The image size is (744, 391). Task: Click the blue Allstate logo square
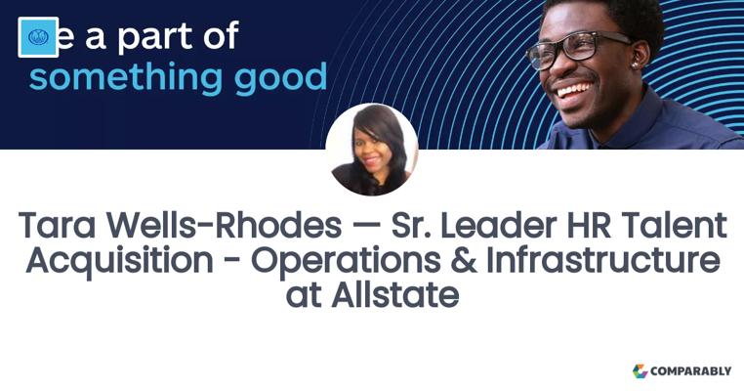[x=38, y=37]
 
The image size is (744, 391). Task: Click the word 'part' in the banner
[x=156, y=36]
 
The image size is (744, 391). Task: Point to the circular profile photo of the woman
[x=372, y=150]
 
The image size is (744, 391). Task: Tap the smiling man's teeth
[x=575, y=89]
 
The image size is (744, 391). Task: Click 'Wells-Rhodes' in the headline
[x=224, y=225]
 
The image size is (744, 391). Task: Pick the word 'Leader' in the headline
[x=498, y=225]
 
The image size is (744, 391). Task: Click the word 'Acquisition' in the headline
[x=119, y=262]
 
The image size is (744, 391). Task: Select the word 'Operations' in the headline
[x=346, y=262]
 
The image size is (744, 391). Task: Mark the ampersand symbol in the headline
[x=464, y=261]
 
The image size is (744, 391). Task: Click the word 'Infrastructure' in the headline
[x=603, y=260]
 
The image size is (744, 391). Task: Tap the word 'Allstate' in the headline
[x=395, y=295]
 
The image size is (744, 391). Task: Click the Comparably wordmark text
[x=691, y=371]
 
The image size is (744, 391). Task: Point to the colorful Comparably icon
[x=641, y=371]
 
